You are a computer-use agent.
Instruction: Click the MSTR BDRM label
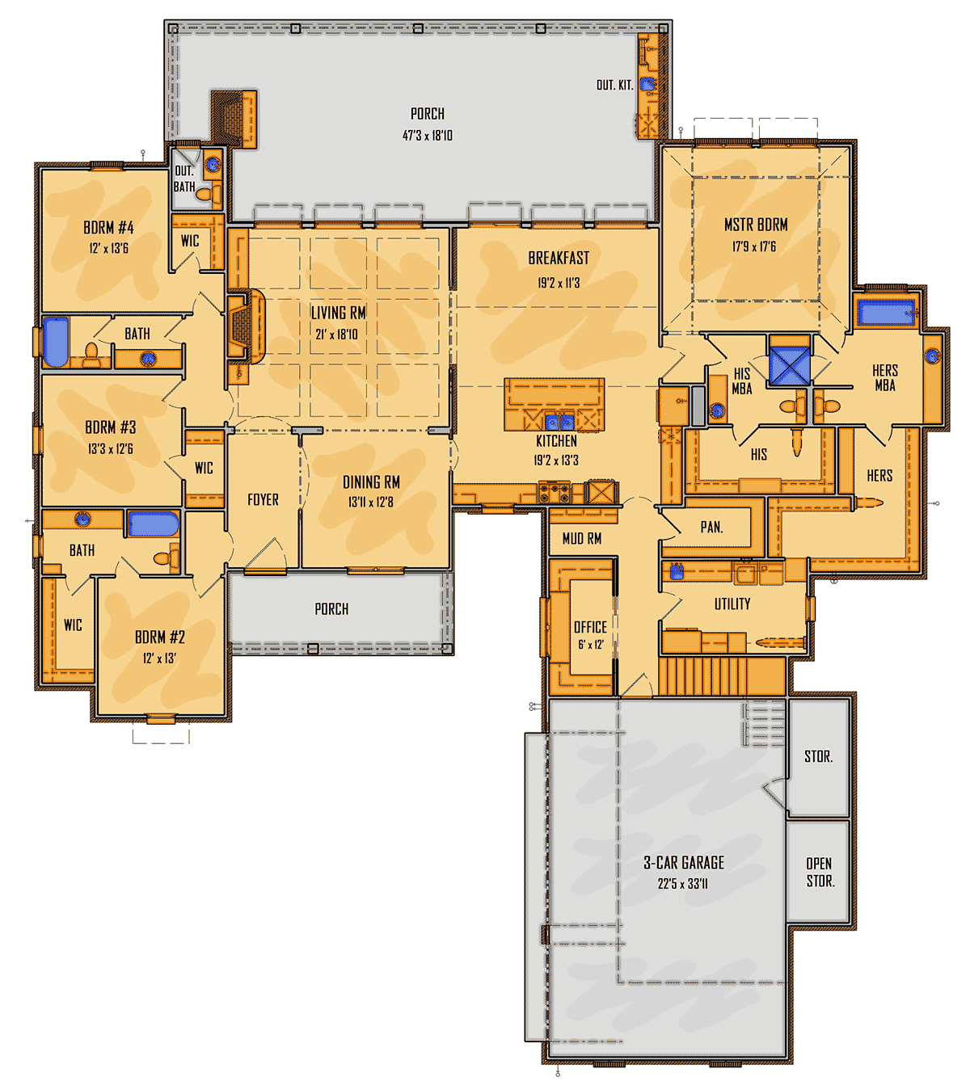pos(756,225)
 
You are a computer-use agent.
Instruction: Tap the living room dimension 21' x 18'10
pos(336,334)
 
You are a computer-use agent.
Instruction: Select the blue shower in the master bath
pos(790,365)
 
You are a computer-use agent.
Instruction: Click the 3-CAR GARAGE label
pos(683,863)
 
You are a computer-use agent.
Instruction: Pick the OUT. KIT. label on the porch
pos(614,85)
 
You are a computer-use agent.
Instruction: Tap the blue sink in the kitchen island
pos(559,422)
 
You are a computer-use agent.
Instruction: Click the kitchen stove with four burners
pos(555,491)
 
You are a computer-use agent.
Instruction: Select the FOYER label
pos(263,500)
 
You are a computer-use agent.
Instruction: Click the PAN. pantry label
pos(711,528)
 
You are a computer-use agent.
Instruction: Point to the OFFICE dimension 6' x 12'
pos(590,645)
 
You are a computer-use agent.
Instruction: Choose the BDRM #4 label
pos(108,228)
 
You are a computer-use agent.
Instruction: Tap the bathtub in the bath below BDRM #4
pos(56,342)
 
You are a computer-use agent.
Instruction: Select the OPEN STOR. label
pos(820,873)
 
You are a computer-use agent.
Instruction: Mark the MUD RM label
pos(582,539)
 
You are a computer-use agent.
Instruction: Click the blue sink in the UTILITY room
pos(677,571)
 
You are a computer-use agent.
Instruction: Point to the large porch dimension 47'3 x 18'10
pos(427,136)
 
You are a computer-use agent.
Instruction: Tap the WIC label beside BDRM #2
pos(73,625)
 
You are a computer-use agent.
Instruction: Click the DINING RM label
pos(371,482)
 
